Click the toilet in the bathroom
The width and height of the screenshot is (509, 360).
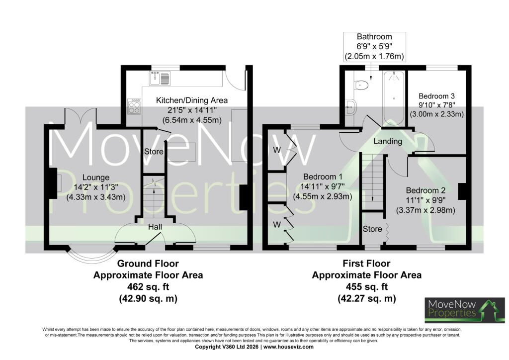pos(361,85)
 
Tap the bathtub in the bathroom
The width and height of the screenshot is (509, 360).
pos(394,98)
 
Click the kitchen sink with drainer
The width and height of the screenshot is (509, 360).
pos(160,78)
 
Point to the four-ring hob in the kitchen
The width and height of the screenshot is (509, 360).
pos(134,106)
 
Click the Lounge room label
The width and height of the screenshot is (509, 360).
pos(96,177)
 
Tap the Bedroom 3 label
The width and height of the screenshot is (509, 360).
pos(436,96)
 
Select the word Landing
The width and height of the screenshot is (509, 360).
pos(388,141)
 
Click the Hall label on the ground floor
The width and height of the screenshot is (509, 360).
pos(155,227)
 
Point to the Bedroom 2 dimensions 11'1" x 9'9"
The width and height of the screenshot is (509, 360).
pos(425,200)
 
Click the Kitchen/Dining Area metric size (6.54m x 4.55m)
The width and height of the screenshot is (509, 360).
pos(192,120)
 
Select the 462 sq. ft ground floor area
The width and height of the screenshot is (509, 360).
pos(148,287)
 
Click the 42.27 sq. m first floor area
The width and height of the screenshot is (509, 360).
pos(367,298)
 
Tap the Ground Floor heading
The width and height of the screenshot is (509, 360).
pos(148,263)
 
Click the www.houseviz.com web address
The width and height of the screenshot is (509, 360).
pos(288,347)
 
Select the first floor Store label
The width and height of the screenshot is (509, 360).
pos(372,229)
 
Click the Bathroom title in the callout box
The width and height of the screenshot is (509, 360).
pos(374,37)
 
